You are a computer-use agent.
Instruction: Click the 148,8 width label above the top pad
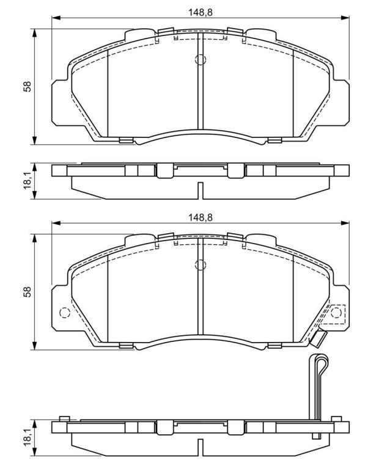point(201,12)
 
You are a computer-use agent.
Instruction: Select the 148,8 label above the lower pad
point(201,217)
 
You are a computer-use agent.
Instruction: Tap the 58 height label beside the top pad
point(28,87)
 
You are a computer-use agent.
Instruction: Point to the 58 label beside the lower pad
point(28,292)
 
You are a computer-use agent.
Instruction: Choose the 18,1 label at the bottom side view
point(28,438)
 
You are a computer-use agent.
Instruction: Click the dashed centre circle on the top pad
point(201,59)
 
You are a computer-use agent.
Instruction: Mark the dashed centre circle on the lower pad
point(201,264)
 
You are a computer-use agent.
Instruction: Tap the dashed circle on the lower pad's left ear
point(65,313)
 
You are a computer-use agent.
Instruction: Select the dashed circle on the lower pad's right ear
point(336,313)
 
